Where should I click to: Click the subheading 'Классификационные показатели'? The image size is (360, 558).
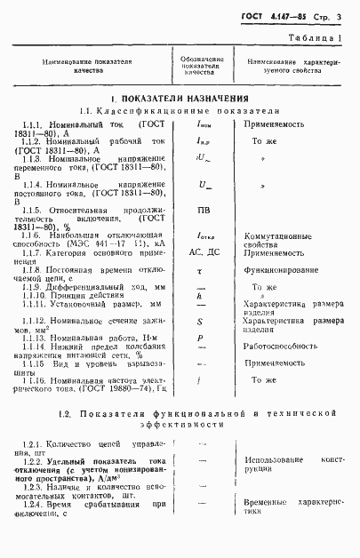[188, 111]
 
